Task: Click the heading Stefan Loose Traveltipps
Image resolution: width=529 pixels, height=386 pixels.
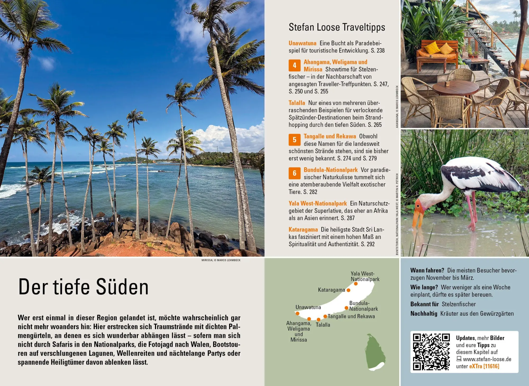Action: point(337,27)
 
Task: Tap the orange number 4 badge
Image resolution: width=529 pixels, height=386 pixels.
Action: point(294,65)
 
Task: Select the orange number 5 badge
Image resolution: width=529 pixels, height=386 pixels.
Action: point(294,140)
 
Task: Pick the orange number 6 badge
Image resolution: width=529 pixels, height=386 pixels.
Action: point(294,173)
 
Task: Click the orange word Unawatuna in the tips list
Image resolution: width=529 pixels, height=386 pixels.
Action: point(302,43)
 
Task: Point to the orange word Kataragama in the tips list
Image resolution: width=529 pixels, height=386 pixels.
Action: point(303,229)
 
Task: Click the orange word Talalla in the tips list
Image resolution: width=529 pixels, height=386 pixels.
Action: point(297,103)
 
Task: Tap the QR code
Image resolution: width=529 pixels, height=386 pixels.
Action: point(431,352)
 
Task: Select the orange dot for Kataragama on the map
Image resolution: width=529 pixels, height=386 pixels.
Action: point(348,290)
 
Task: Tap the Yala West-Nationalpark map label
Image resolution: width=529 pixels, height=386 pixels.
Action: point(365,276)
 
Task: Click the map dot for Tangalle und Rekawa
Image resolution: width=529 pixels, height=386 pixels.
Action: point(325,316)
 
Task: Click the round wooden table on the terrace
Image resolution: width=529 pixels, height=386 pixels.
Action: point(455,88)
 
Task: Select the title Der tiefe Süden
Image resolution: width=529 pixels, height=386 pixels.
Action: point(84,287)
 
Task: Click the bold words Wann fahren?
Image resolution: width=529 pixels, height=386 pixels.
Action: point(427,270)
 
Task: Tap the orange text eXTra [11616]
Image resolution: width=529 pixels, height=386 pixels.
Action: point(484,366)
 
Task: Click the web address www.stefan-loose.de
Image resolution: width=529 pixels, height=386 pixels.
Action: point(487,359)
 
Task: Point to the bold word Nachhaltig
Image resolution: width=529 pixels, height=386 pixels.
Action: point(424,314)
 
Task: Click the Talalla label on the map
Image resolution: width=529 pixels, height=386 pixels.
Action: point(323,325)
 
